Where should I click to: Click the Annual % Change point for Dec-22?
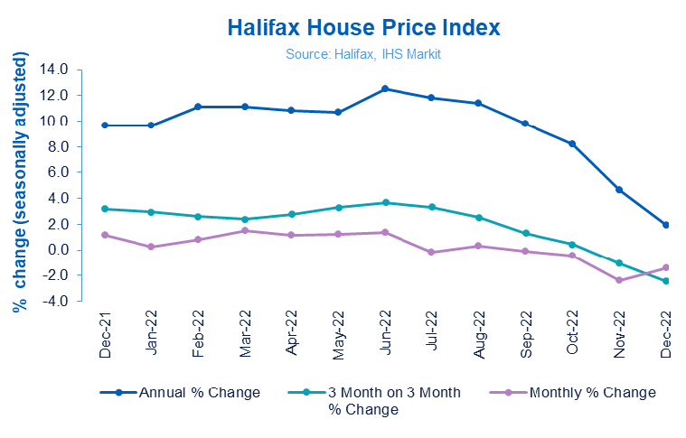666,225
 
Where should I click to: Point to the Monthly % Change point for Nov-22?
619,280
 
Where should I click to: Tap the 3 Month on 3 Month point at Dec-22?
666,281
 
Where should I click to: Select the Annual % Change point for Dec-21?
105,126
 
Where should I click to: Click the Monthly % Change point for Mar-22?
245,230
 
